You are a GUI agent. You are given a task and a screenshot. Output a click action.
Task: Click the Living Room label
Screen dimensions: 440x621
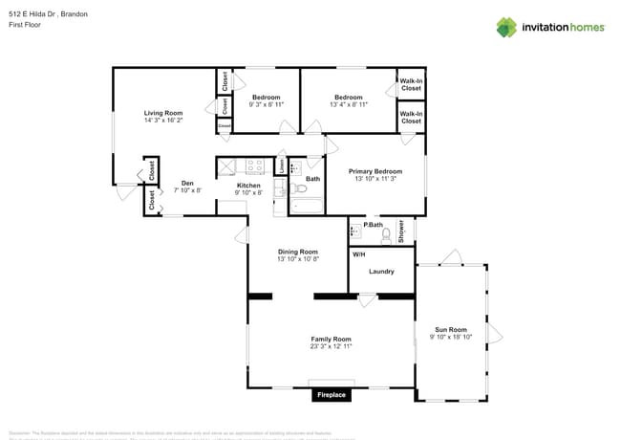click(x=163, y=113)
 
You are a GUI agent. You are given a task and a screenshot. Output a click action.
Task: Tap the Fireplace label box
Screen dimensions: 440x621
click(x=331, y=394)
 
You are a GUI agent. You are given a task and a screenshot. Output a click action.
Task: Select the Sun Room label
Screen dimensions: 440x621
click(x=450, y=329)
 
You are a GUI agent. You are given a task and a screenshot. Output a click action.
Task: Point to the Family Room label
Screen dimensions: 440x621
click(x=331, y=339)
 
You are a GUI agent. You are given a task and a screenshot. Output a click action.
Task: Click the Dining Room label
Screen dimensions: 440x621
click(x=297, y=252)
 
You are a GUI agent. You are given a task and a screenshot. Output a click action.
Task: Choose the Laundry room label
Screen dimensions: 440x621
click(x=381, y=272)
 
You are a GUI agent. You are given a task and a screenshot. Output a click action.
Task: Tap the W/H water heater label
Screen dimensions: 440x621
click(x=359, y=254)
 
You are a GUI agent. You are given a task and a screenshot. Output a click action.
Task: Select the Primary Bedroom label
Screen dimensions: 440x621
click(x=375, y=171)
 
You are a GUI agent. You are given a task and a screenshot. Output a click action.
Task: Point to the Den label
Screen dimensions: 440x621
click(x=187, y=183)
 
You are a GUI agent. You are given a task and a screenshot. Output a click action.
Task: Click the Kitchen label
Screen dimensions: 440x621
click(x=248, y=185)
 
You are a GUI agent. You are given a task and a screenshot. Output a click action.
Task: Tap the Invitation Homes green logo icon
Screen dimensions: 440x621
click(x=505, y=27)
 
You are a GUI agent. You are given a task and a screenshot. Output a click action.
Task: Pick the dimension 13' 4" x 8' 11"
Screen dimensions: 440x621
click(x=348, y=104)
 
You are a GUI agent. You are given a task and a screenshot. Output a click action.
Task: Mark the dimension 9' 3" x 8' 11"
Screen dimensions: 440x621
click(x=266, y=104)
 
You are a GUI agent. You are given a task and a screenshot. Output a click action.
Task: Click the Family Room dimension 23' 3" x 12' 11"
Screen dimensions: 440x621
click(x=331, y=346)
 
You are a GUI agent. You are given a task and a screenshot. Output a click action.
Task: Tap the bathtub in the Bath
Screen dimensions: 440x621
click(x=309, y=204)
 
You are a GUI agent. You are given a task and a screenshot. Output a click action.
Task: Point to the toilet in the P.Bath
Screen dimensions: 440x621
click(x=385, y=232)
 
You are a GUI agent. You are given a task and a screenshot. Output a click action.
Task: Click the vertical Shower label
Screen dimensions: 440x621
click(x=402, y=231)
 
